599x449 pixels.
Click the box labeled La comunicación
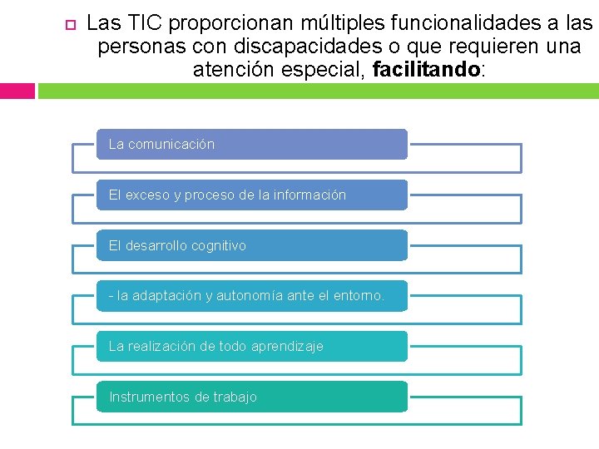click(x=251, y=144)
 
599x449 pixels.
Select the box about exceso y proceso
click(x=251, y=195)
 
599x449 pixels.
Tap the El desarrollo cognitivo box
click(x=251, y=245)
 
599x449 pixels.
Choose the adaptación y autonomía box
click(x=251, y=296)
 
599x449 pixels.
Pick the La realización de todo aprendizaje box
click(x=251, y=346)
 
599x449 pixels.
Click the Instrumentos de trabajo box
click(x=251, y=397)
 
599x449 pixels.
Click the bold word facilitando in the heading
click(x=427, y=70)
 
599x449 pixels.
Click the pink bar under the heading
click(x=17, y=91)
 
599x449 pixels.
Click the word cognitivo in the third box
click(x=219, y=245)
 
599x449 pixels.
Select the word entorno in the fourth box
click(x=359, y=296)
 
